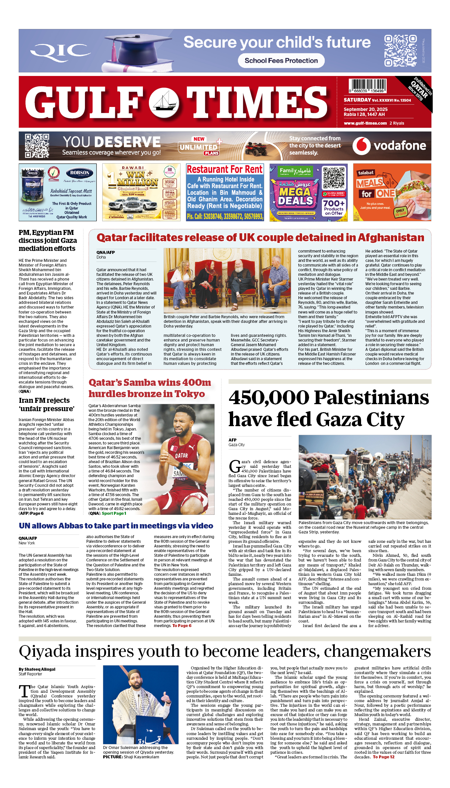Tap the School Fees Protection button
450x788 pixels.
pos(281,61)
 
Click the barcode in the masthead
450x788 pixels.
pos(367,86)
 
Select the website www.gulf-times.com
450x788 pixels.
pos(365,123)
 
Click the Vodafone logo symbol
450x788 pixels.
pos(361,146)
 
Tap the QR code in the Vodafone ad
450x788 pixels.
pos(37,146)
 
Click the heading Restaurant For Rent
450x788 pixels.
pos(225,170)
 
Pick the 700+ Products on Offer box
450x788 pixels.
pos(334,207)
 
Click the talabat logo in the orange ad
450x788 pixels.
pos(365,173)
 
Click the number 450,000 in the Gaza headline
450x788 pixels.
pos(268,397)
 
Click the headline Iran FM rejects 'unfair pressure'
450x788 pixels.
pos(46,404)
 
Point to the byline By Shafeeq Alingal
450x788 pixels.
pos(37,669)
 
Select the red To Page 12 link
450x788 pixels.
pos(383,757)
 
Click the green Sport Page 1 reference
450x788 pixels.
pos(114,513)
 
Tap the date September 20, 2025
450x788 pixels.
pos(365,109)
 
